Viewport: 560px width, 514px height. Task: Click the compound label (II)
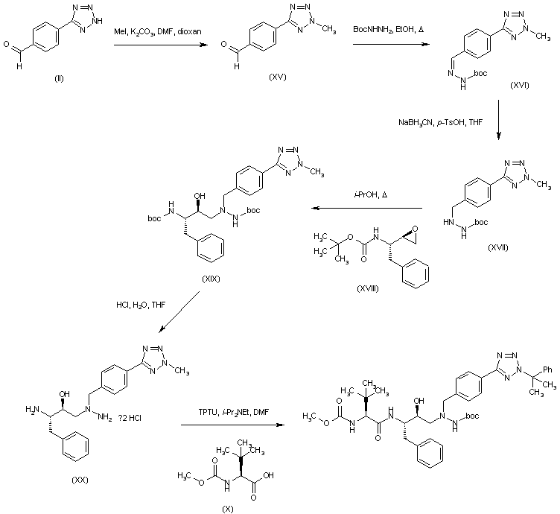coord(59,78)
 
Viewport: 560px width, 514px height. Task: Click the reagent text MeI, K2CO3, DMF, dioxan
coord(159,33)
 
